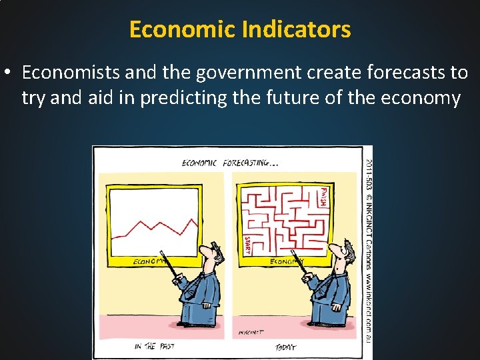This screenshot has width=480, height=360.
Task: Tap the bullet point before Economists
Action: click(x=10, y=72)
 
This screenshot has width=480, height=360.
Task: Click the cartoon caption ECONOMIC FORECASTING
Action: click(x=229, y=163)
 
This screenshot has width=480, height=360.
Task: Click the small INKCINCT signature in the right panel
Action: click(x=251, y=331)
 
